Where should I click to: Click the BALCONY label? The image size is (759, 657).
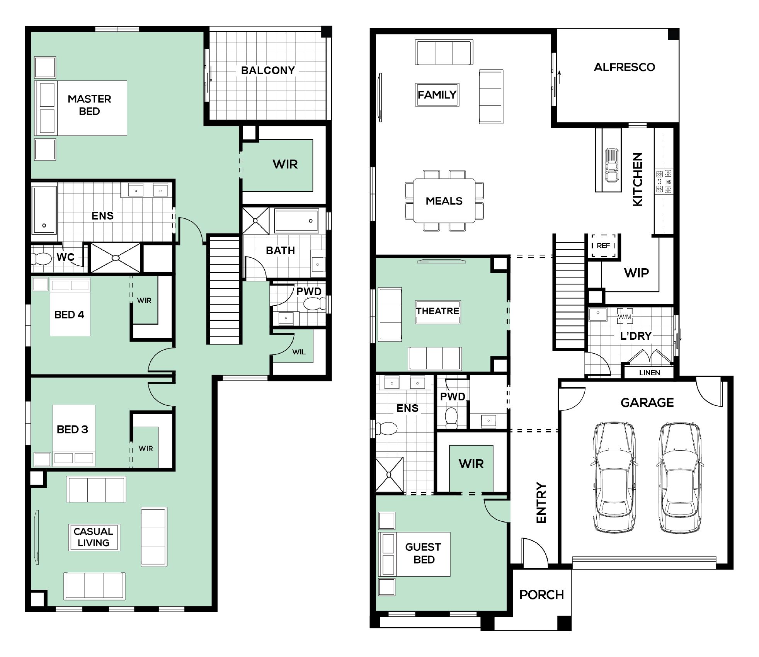[268, 70]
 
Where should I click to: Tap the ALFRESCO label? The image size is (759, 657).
[624, 67]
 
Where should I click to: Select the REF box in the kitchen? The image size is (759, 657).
[603, 245]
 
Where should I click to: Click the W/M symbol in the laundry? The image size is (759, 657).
[625, 317]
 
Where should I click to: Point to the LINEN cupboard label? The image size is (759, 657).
[649, 373]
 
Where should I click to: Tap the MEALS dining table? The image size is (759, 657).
[444, 201]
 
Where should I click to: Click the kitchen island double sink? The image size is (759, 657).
[611, 165]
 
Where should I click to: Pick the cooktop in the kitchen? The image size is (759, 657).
[664, 181]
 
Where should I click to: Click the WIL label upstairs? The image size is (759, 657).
[299, 352]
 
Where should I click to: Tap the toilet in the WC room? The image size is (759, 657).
[41, 258]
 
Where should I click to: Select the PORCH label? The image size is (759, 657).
[541, 594]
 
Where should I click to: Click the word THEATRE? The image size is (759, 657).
[438, 311]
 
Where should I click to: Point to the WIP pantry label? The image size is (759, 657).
[636, 273]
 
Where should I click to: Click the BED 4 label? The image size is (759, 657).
[69, 315]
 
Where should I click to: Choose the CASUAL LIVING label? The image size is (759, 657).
[94, 537]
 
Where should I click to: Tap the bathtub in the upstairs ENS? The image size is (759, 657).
[44, 210]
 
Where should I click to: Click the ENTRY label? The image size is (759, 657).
[541, 503]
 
